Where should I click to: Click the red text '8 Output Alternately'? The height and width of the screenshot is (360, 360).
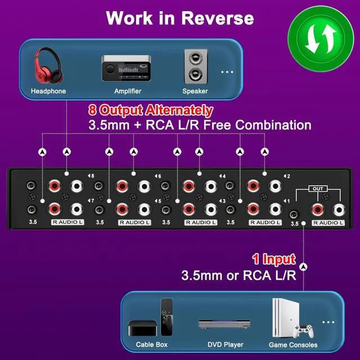click(151, 110)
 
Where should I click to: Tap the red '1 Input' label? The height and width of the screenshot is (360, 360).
click(273, 259)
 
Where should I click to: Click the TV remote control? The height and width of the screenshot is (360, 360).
click(167, 316)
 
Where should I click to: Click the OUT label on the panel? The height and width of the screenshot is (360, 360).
click(317, 189)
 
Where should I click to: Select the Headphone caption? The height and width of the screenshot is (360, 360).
click(48, 91)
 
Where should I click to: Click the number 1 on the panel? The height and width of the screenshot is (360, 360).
click(287, 201)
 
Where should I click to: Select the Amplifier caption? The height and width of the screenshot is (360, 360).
click(128, 91)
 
